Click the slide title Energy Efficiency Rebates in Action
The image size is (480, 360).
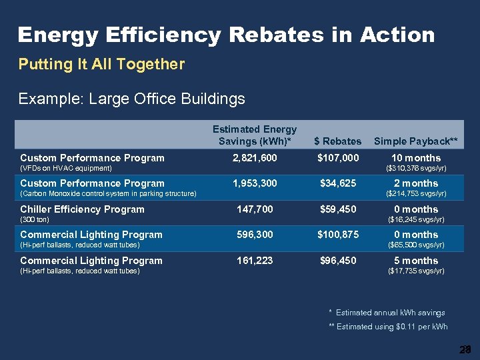(x=226, y=35)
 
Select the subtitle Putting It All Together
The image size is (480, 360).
(x=101, y=65)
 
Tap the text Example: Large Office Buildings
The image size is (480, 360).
(x=131, y=99)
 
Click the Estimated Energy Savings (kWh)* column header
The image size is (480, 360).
(x=255, y=135)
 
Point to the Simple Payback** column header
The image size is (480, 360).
(x=416, y=141)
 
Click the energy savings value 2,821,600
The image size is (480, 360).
(x=255, y=158)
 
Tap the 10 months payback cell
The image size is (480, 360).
(x=416, y=158)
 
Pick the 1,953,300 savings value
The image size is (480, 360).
(x=255, y=183)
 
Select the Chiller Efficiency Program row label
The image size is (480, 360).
(x=82, y=209)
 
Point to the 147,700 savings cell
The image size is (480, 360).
(x=255, y=209)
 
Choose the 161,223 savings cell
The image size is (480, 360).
(x=255, y=261)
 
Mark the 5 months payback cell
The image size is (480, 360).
(x=416, y=261)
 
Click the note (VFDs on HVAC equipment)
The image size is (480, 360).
(x=66, y=169)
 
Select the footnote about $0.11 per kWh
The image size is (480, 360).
(x=389, y=327)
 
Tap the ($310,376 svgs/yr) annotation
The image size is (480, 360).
(x=416, y=169)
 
